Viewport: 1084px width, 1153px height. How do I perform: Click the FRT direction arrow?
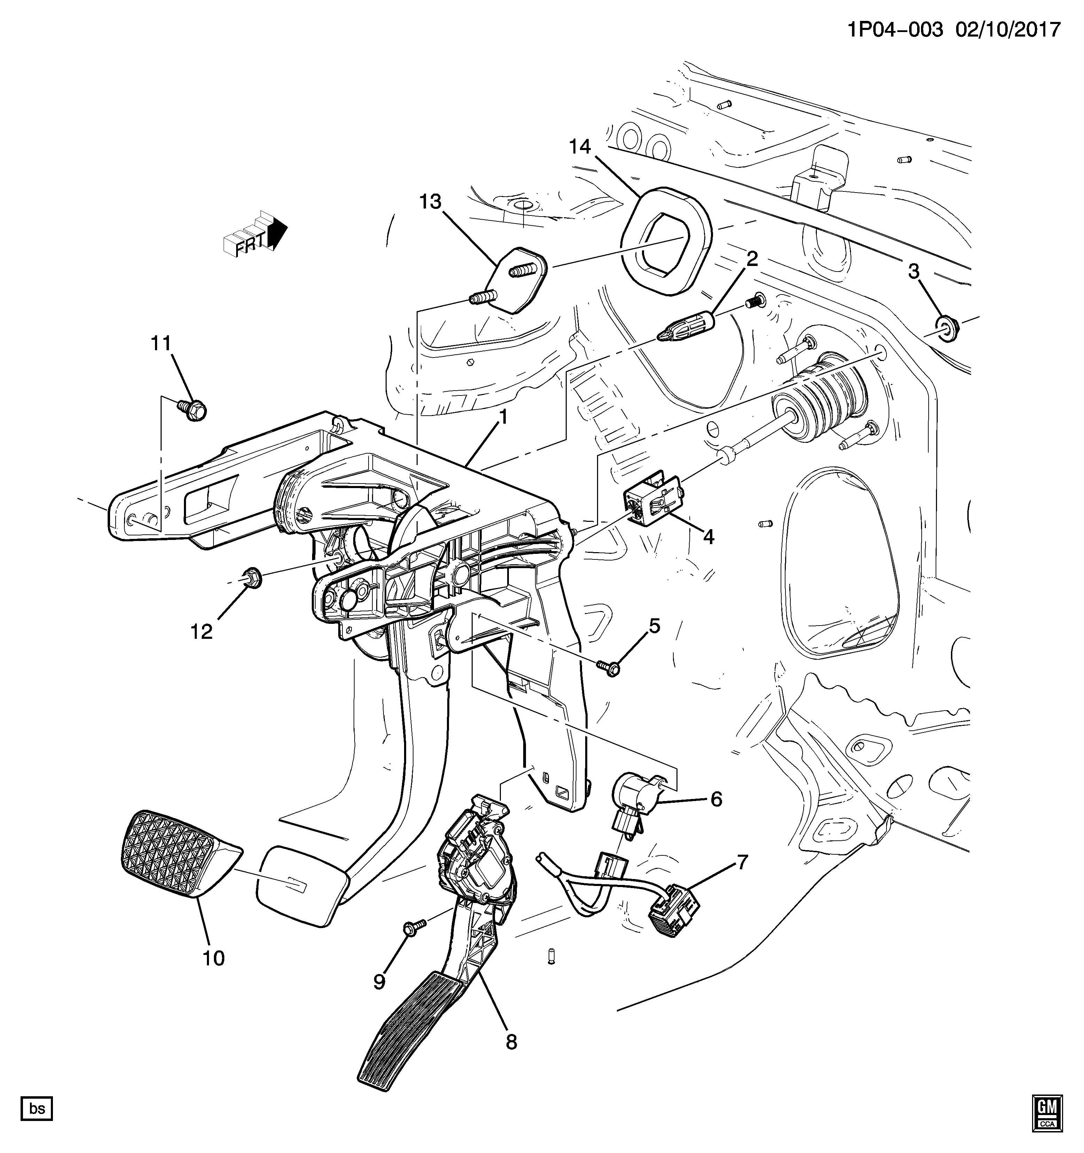coord(255,237)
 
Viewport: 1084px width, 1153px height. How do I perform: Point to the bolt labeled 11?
coord(193,410)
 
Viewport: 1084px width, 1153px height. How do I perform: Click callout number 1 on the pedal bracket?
coord(503,417)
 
